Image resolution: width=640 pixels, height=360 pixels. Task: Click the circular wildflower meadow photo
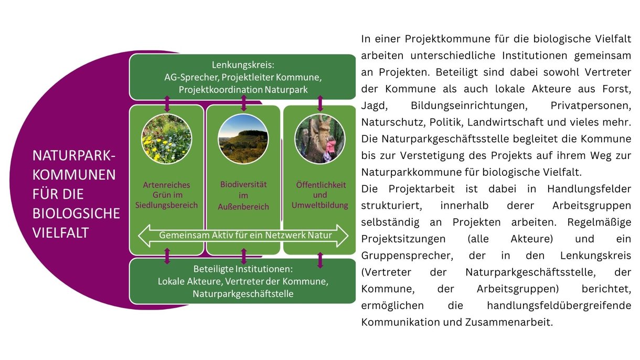click(167, 139)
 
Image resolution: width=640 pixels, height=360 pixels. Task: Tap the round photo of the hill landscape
click(243, 139)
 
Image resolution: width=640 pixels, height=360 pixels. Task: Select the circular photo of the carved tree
click(320, 139)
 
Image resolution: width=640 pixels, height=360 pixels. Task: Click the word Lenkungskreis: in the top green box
click(243, 65)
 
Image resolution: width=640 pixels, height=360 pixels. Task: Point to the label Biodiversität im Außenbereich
click(243, 195)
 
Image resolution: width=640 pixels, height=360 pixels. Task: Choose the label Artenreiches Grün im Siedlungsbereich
click(167, 195)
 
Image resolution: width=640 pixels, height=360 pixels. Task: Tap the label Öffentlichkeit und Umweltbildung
click(320, 195)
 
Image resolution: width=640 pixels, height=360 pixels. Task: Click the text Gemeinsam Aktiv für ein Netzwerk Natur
click(246, 235)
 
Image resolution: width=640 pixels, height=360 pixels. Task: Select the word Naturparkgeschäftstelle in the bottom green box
click(243, 294)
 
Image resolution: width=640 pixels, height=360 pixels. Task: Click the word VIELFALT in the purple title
click(60, 232)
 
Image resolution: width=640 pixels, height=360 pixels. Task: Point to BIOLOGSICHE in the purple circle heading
click(76, 214)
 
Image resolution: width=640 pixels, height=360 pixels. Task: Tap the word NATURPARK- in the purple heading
click(74, 156)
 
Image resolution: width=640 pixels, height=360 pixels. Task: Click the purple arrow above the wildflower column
click(167, 103)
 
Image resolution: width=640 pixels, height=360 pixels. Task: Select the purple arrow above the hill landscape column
click(244, 103)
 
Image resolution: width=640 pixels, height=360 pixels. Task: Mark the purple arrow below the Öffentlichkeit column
click(321, 260)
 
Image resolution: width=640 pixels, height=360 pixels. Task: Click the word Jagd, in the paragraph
click(374, 105)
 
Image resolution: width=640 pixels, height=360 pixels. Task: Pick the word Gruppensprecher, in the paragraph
click(407, 256)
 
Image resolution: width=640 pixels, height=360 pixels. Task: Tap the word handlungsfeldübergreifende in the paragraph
click(559, 305)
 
